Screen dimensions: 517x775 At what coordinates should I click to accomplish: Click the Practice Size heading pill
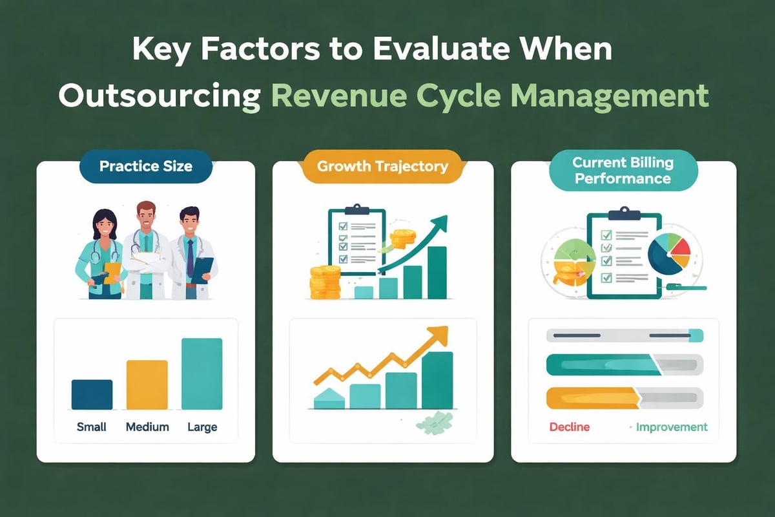tap(145, 166)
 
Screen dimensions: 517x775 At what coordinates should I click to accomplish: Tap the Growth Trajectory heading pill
tap(382, 166)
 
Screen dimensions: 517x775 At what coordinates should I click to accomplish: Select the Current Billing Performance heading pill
tap(623, 170)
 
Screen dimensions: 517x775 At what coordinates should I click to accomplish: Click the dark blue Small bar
tap(92, 394)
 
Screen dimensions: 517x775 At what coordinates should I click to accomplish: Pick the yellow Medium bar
tap(147, 385)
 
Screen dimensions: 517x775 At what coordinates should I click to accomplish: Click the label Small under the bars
tap(92, 427)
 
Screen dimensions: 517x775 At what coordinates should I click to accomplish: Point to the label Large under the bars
tap(202, 427)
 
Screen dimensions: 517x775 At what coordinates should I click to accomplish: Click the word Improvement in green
tap(672, 427)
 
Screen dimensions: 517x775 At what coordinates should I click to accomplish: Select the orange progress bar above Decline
tap(592, 397)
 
